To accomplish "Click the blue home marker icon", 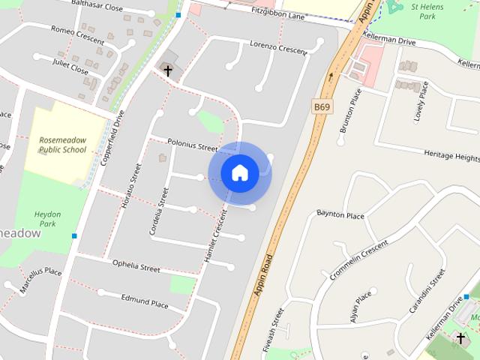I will (x=239, y=173).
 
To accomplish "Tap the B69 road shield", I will (x=322, y=107).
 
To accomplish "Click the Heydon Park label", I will (x=47, y=219).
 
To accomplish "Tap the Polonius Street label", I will (x=192, y=145).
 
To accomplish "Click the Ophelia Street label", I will (x=136, y=266).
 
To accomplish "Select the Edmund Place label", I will (x=144, y=299).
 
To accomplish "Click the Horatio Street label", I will (x=130, y=185).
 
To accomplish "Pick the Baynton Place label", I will (x=340, y=215).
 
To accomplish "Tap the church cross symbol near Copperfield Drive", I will (x=168, y=71).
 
